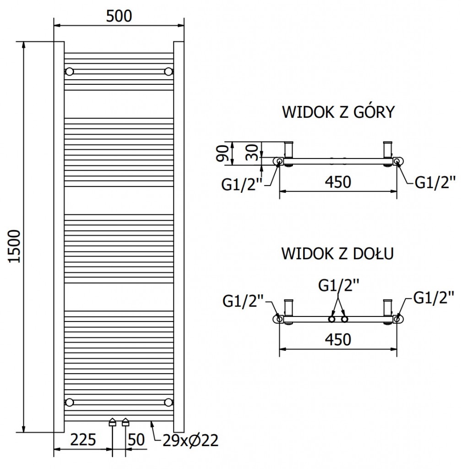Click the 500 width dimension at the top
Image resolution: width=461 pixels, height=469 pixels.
click(x=119, y=16)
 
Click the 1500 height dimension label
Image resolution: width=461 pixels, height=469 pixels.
click(x=15, y=246)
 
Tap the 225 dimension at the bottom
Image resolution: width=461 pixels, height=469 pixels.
click(x=83, y=440)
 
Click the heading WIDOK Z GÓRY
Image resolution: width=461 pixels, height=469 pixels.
click(x=338, y=112)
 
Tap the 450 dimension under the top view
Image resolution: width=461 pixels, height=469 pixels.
click(x=338, y=182)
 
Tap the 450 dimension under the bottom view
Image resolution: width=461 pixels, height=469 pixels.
click(x=338, y=339)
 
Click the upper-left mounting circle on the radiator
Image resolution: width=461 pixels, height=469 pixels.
click(x=70, y=71)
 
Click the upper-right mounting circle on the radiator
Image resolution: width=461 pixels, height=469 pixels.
click(x=168, y=71)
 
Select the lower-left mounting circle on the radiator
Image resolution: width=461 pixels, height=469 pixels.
click(x=70, y=402)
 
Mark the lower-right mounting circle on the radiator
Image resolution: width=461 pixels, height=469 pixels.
click(x=168, y=402)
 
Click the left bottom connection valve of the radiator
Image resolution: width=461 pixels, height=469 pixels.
click(x=112, y=422)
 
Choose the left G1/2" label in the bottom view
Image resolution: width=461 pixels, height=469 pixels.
click(x=244, y=301)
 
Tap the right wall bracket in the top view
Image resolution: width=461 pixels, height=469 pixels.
click(x=388, y=148)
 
